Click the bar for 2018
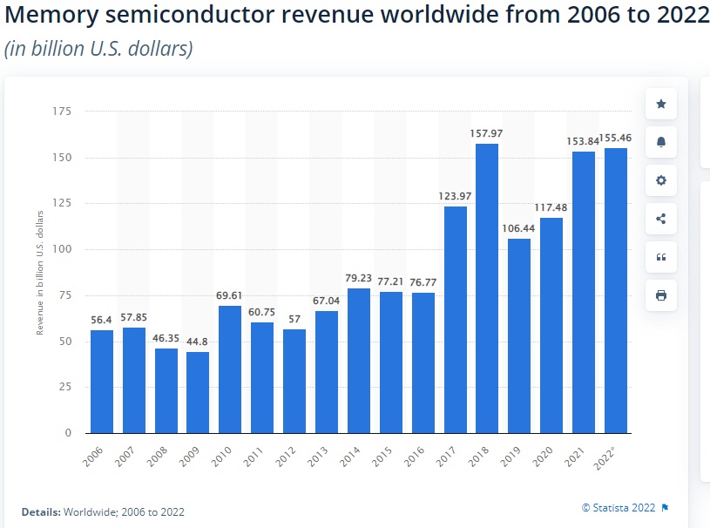tap(487, 288)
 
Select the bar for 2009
tap(198, 392)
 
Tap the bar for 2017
tap(456, 319)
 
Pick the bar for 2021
tap(584, 292)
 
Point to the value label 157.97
tap(487, 133)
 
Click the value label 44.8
tap(198, 342)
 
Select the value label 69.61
tap(230, 296)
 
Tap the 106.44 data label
tap(519, 228)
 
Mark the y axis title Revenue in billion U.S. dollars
tap(39, 272)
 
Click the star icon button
tap(661, 105)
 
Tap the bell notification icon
tap(661, 142)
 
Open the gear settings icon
tap(661, 180)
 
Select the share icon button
tap(661, 219)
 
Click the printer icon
tap(661, 295)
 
